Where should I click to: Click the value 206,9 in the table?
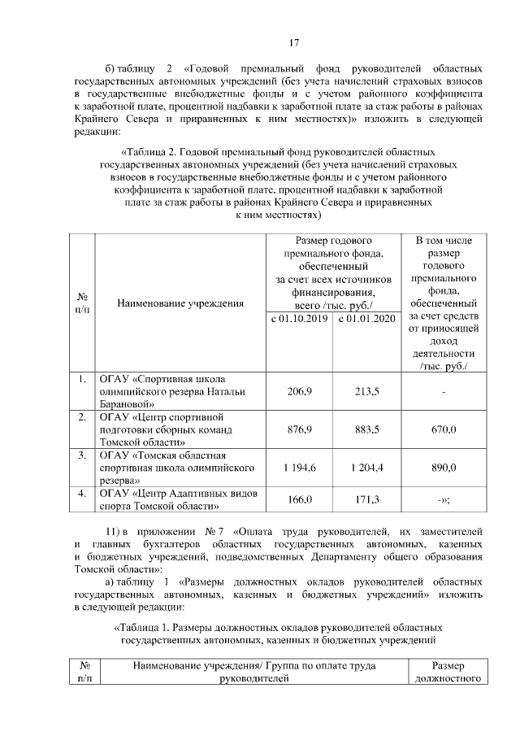300,390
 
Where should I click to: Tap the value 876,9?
300,429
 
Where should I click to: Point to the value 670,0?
444,429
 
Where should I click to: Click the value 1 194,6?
300,467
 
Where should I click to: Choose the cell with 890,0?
444,467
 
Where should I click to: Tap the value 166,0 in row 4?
300,499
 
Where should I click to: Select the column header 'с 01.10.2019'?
300,318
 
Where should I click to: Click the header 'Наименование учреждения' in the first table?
180,303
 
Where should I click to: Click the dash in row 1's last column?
444,391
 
